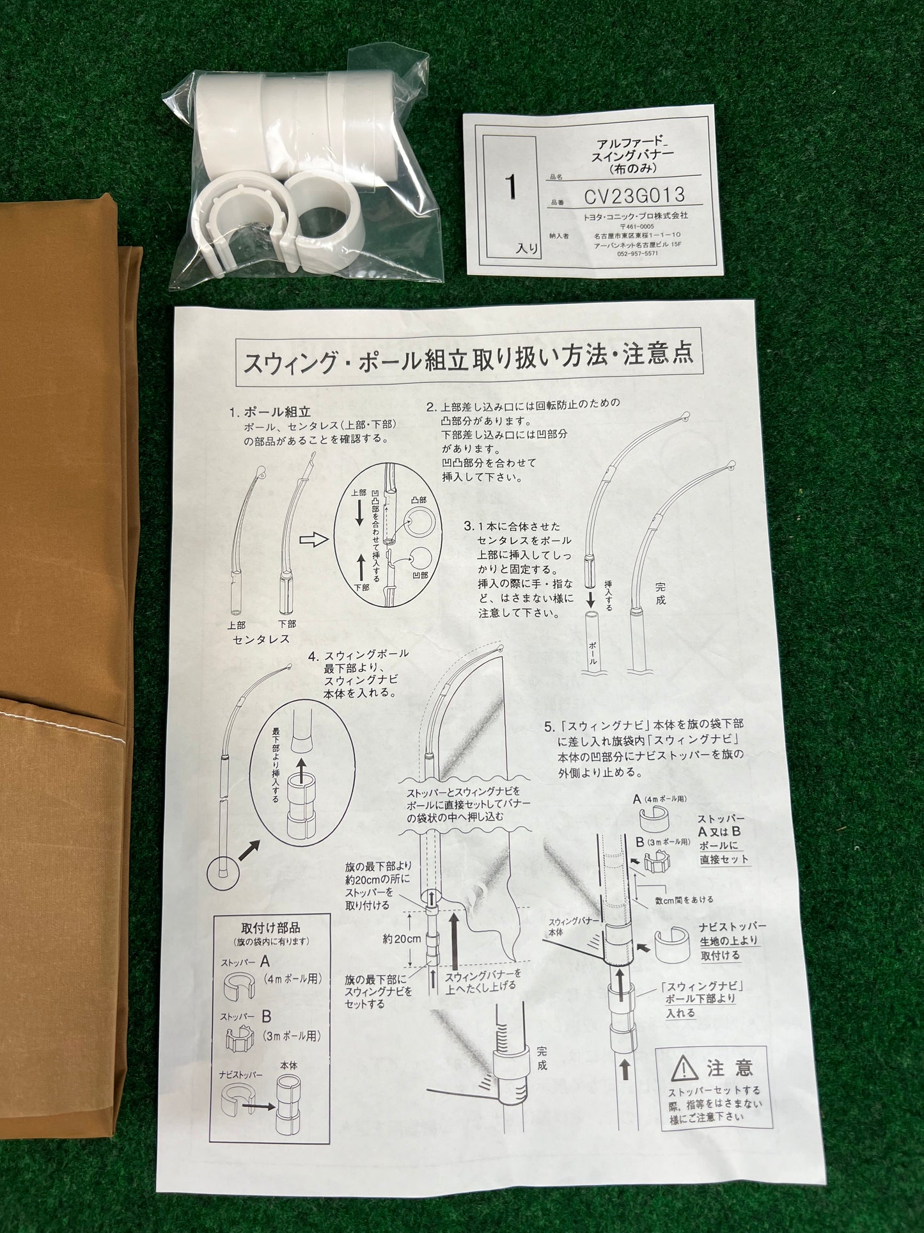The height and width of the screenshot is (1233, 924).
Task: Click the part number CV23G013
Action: coord(634,195)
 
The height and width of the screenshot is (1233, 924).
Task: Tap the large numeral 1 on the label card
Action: coord(510,187)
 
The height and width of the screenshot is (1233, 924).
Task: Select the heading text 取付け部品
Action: coord(270,927)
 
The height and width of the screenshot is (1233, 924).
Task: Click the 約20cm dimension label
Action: coord(402,940)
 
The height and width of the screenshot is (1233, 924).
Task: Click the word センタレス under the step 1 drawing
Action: coord(261,639)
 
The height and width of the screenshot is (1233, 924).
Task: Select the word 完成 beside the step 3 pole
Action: coord(661,593)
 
